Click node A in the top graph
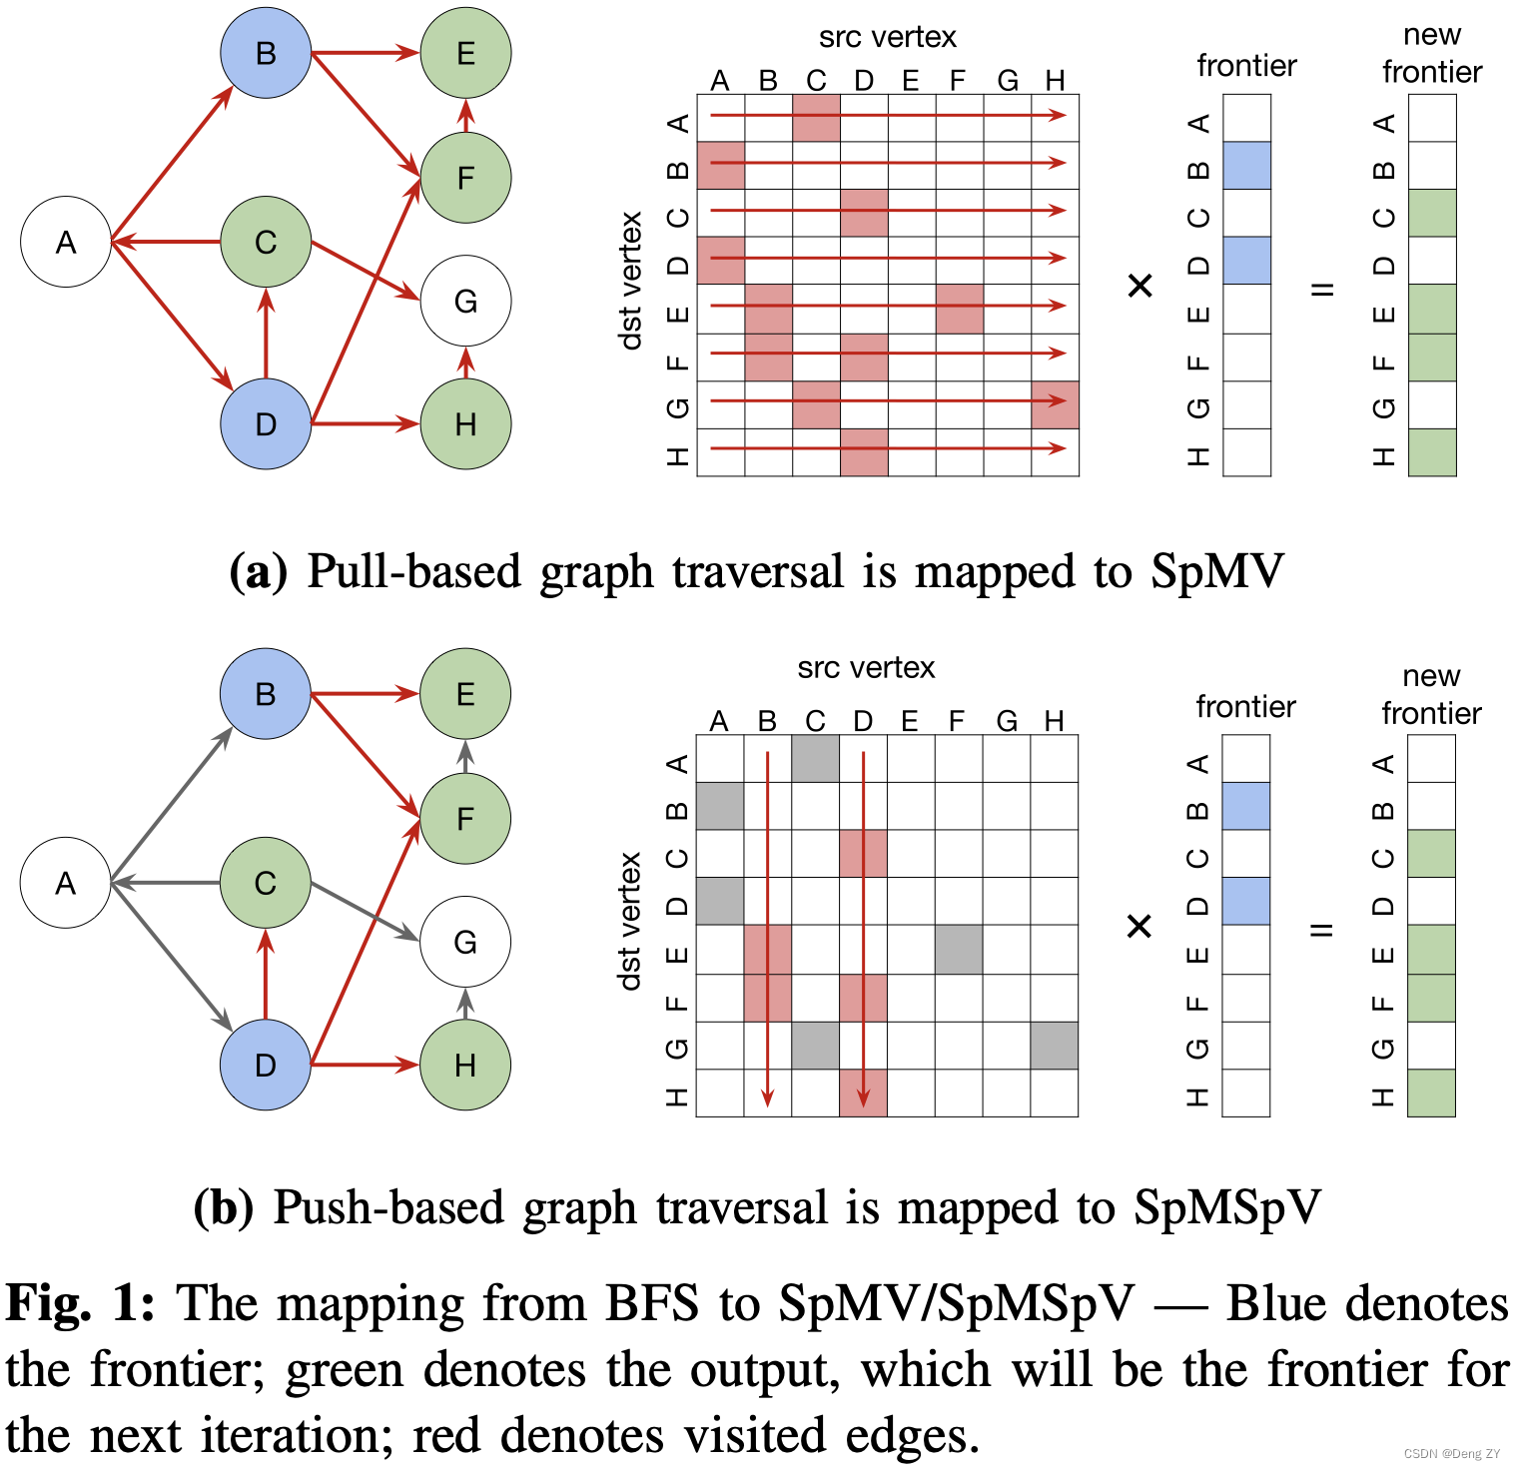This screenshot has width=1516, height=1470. tap(66, 242)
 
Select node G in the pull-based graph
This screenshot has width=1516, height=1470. tap(465, 301)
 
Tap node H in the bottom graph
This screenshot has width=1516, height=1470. tap(465, 1066)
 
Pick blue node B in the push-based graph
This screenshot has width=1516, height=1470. tap(266, 694)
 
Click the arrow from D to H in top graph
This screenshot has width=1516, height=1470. tap(366, 424)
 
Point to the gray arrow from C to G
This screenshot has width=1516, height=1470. tap(366, 911)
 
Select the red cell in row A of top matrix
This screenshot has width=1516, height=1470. tap(816, 118)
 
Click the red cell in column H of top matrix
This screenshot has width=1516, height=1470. tap(1055, 404)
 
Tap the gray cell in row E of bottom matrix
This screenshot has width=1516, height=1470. tap(959, 950)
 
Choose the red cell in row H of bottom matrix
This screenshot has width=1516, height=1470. tap(863, 1093)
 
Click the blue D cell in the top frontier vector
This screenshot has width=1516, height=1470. tap(1246, 261)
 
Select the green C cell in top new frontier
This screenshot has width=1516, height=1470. tap(1432, 213)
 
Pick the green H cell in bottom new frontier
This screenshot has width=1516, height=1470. tap(1431, 1093)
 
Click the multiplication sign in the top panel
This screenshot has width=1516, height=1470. tap(1139, 287)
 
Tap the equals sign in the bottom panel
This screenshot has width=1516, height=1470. tap(1321, 930)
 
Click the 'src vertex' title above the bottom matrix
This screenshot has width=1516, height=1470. tap(866, 668)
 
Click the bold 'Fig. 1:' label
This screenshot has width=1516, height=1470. tap(80, 1304)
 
